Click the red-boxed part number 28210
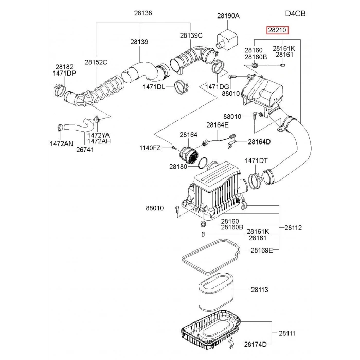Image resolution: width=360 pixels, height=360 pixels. click(x=277, y=30)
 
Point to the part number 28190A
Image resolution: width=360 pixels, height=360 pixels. click(x=228, y=16)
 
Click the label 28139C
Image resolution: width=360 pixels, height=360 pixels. click(x=191, y=35)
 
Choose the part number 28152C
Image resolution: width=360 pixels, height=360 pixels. click(x=96, y=62)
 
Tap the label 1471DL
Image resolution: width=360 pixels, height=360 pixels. click(x=154, y=87)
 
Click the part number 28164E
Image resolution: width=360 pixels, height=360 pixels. click(x=218, y=124)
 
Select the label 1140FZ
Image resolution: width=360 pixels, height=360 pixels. click(x=150, y=148)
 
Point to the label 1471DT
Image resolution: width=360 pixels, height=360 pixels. click(x=256, y=161)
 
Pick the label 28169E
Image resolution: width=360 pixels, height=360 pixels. click(x=262, y=250)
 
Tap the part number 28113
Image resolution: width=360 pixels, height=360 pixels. click(x=260, y=290)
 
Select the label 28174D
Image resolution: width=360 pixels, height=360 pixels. click(x=256, y=344)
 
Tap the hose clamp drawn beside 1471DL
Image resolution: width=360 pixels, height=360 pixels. click(x=181, y=88)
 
